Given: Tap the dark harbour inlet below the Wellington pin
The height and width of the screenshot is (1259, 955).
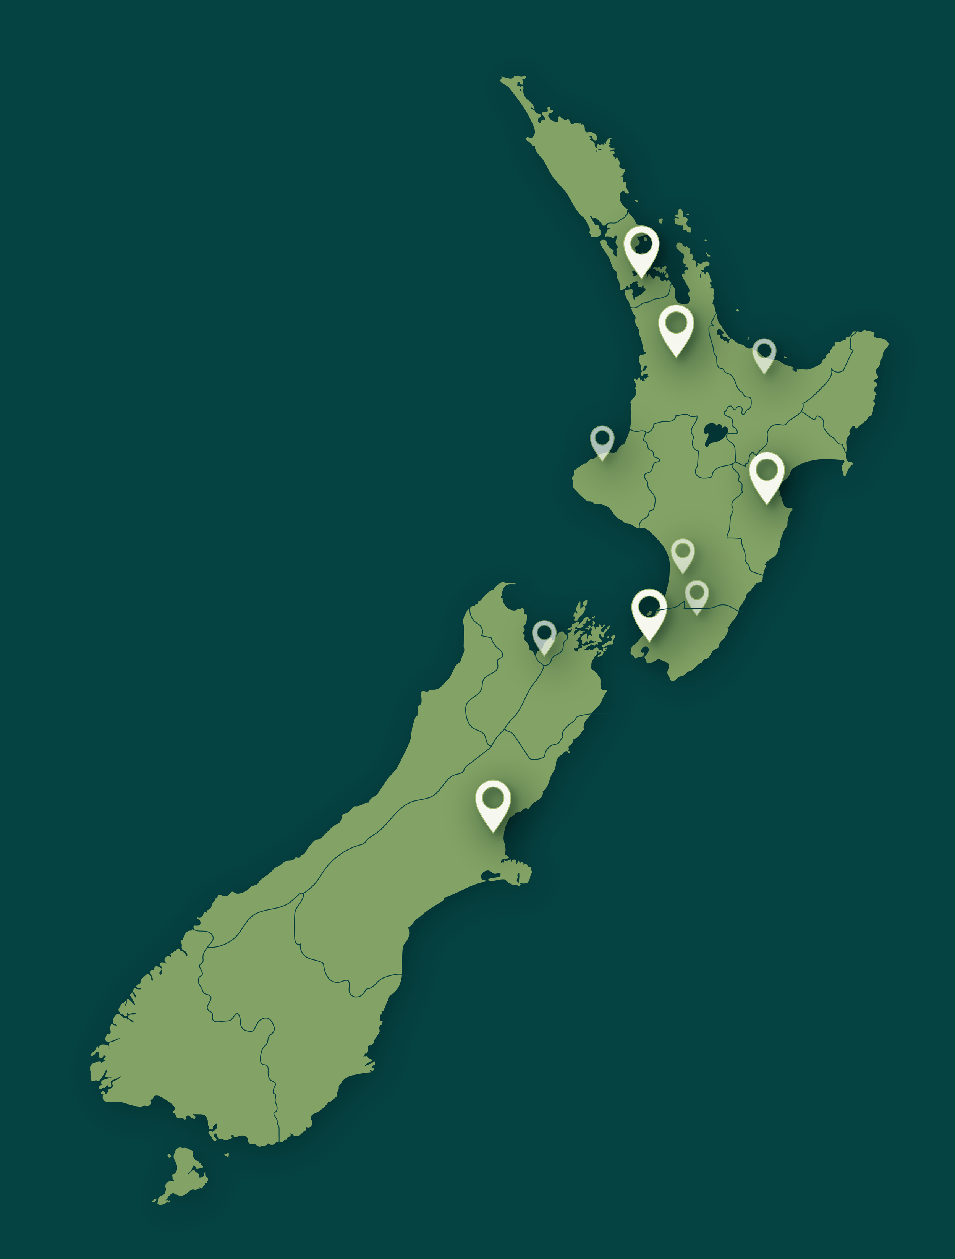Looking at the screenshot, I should pyautogui.click(x=644, y=649).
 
